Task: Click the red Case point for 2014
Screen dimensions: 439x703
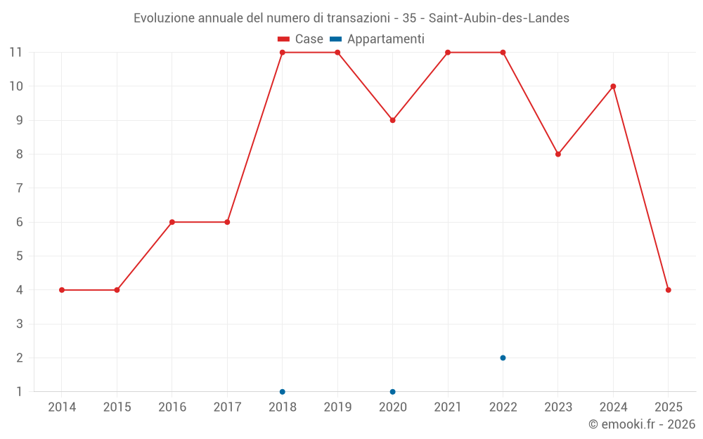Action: pos(62,290)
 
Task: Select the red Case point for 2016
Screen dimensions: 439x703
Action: pos(172,222)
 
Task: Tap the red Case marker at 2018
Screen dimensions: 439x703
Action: pos(283,53)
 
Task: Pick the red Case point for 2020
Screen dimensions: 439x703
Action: pos(392,120)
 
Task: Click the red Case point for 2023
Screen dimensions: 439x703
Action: pos(558,155)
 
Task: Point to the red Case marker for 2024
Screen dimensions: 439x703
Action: pos(613,86)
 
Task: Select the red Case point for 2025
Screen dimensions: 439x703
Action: pos(668,290)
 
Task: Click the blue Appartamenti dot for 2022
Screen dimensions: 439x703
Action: pos(503,358)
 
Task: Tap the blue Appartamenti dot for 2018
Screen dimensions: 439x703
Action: pos(283,391)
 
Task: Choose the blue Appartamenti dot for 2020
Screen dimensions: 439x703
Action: pos(392,391)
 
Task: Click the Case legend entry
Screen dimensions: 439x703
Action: pos(300,39)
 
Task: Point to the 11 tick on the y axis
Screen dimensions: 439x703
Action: pos(16,53)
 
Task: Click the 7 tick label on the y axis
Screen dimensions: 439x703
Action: pos(20,188)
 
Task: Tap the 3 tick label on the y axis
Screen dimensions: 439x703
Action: pos(20,324)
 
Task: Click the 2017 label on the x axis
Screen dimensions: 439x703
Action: pos(227,407)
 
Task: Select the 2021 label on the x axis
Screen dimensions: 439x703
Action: pos(448,407)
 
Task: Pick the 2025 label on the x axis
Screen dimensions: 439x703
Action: pos(668,407)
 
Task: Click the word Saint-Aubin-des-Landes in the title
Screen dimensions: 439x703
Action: pos(498,18)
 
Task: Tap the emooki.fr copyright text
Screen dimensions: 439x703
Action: pos(641,424)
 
